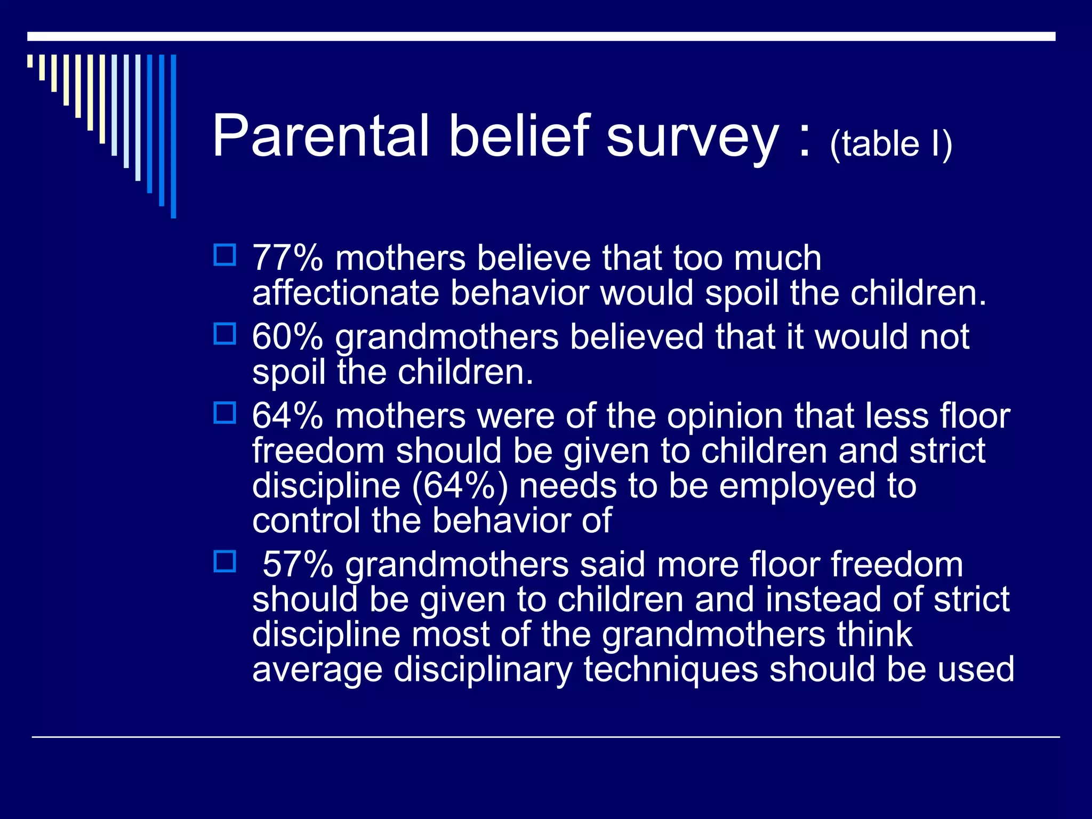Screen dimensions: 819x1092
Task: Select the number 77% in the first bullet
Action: (x=287, y=259)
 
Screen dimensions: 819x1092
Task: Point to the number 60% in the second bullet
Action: (x=287, y=338)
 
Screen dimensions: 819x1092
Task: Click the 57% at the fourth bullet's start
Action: (x=298, y=565)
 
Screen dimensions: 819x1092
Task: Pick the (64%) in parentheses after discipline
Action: (x=459, y=487)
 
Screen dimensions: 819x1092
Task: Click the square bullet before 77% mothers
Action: (x=224, y=255)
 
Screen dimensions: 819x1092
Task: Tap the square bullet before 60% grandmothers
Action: (x=224, y=334)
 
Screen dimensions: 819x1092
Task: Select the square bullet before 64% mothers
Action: (x=224, y=413)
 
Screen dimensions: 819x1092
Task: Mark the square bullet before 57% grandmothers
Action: (x=224, y=561)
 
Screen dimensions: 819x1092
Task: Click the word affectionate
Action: (x=345, y=294)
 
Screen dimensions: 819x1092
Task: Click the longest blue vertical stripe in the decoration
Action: (x=173, y=136)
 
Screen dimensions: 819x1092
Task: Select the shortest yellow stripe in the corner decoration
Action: (x=30, y=61)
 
